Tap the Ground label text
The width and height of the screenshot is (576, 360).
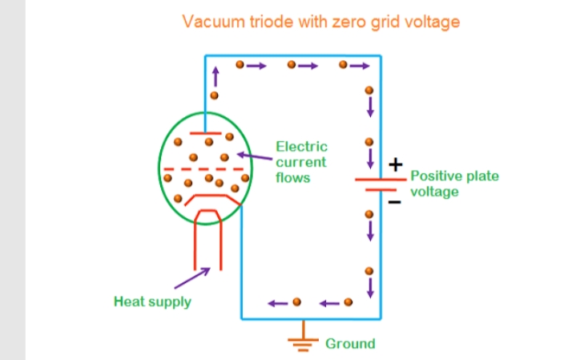tap(350, 344)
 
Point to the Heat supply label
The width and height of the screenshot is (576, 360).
tap(152, 302)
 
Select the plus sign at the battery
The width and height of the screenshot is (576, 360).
tap(394, 165)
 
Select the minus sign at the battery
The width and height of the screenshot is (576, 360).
tap(394, 202)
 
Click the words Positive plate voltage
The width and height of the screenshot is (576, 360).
tap(453, 184)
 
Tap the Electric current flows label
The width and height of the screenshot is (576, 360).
tap(301, 162)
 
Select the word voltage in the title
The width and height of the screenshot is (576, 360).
tap(432, 22)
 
